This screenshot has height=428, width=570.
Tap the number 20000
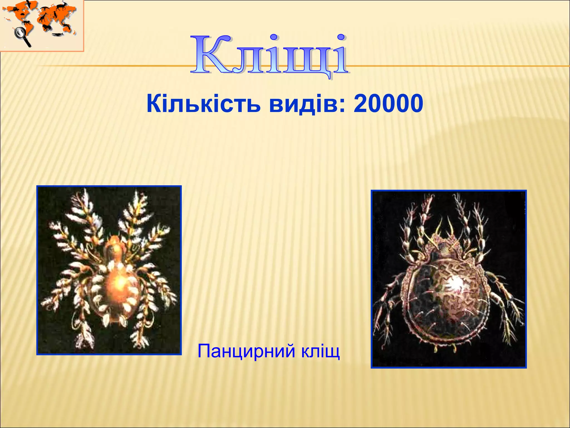(x=388, y=104)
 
